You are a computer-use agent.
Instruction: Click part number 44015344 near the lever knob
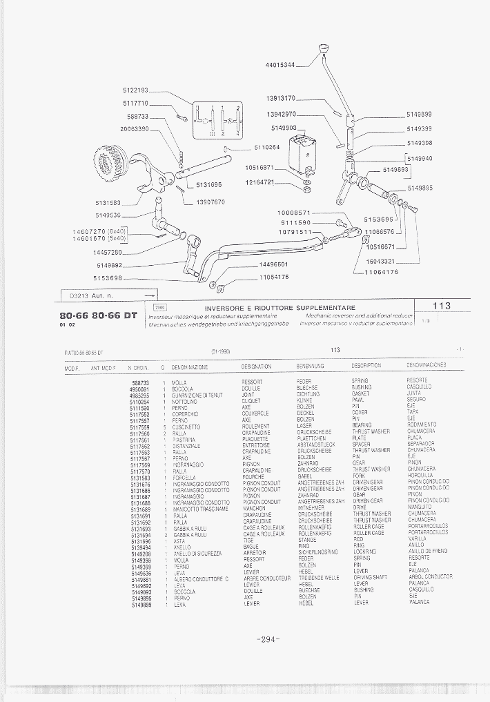click(x=280, y=65)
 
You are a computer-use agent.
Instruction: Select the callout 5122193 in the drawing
click(x=136, y=90)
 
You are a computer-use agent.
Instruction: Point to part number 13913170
click(x=281, y=98)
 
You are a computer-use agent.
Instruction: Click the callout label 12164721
click(x=260, y=182)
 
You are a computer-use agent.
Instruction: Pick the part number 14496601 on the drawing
click(x=273, y=264)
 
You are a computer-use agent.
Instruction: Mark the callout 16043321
click(x=380, y=262)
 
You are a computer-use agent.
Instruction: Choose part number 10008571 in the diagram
click(x=295, y=213)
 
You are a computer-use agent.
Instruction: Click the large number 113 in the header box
click(x=442, y=306)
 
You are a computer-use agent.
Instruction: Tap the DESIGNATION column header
click(x=257, y=366)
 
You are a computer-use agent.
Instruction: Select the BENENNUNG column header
click(x=311, y=366)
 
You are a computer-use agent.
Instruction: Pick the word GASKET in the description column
click(x=361, y=395)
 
